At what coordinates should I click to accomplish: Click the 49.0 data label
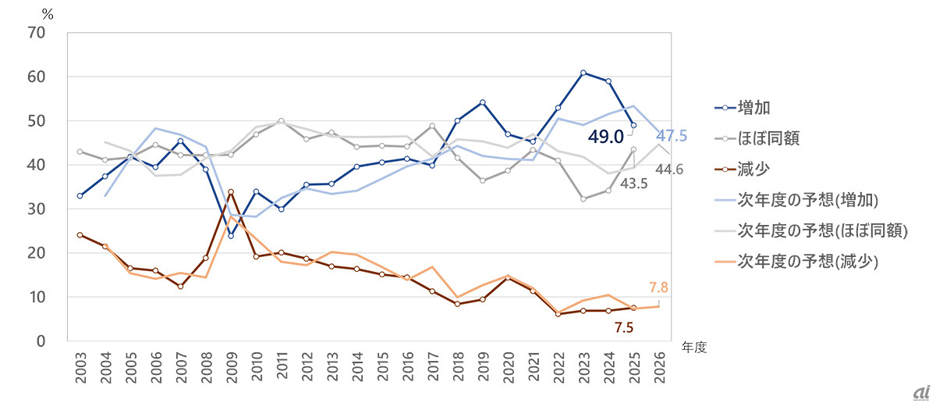(605, 137)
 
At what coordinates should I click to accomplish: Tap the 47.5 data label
(672, 135)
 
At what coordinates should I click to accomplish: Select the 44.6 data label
(669, 170)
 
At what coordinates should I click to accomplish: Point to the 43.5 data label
(633, 184)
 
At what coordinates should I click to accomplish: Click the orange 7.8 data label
(658, 287)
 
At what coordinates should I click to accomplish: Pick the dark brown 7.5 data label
(624, 327)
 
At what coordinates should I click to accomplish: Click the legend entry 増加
(743, 108)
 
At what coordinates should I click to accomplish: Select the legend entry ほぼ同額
(757, 138)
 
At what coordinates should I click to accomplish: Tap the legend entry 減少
(743, 170)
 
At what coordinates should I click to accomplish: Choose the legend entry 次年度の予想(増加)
(796, 200)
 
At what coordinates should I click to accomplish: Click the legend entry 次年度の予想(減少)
(796, 262)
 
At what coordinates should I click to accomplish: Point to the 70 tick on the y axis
(37, 33)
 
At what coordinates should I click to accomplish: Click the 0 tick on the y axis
(41, 341)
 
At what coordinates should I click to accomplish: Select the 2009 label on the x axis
(232, 368)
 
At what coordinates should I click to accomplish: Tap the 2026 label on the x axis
(659, 368)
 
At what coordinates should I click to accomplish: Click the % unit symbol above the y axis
(48, 15)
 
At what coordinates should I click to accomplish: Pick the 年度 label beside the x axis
(694, 347)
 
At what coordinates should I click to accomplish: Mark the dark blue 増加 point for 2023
(583, 73)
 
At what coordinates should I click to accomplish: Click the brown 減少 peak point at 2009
(231, 192)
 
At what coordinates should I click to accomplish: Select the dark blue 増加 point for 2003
(80, 196)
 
